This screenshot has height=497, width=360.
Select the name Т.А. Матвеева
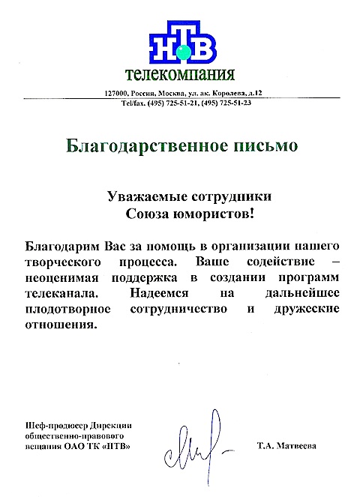[286, 446]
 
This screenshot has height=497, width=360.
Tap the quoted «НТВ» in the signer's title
[126, 446]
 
